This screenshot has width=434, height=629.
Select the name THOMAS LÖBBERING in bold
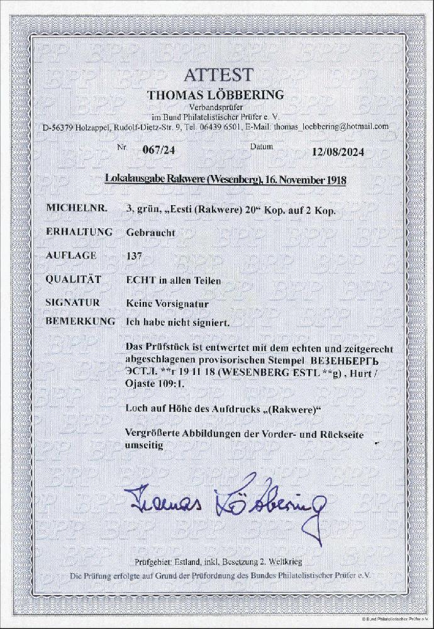(x=214, y=95)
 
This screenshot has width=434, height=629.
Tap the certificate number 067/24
(x=144, y=152)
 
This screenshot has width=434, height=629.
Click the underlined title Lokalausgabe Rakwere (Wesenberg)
(x=182, y=181)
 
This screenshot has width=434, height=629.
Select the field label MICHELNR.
(x=72, y=208)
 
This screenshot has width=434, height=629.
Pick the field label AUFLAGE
(x=71, y=255)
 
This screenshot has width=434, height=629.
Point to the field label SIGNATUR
(x=73, y=303)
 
